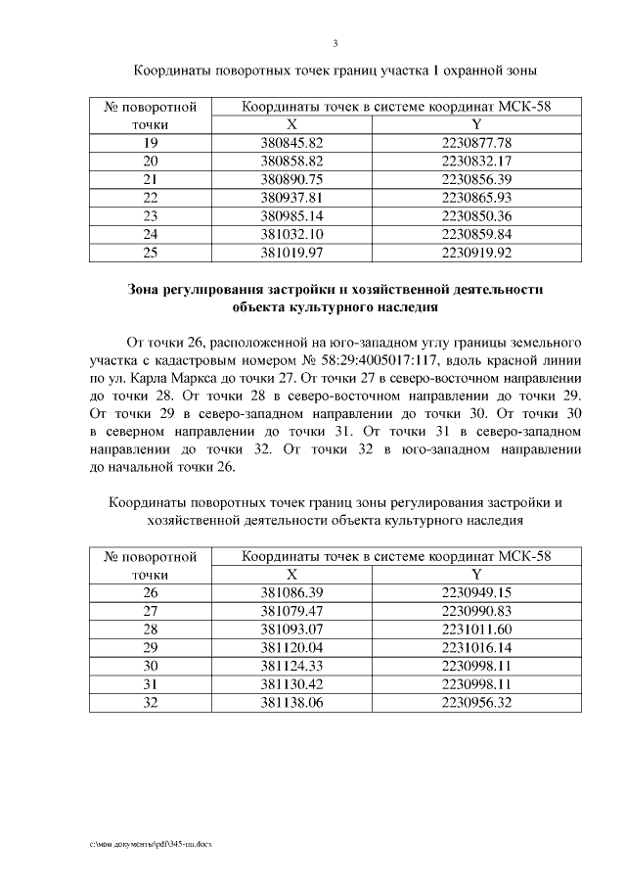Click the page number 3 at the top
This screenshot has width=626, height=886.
pos(335,43)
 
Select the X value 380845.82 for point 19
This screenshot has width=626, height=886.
pos(291,143)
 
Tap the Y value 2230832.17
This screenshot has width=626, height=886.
pos(476,161)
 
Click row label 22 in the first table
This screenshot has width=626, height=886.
pos(151,198)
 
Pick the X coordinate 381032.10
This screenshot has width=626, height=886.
pos(291,234)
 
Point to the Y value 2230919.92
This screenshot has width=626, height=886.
pos(476,253)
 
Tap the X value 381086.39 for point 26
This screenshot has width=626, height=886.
pos(291,592)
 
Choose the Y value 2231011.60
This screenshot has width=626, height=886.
pos(476,630)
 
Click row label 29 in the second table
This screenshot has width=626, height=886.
pos(151,647)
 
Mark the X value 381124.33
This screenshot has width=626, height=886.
pos(291,666)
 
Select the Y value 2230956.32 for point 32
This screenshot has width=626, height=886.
pos(476,703)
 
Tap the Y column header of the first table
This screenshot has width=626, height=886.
pos(476,124)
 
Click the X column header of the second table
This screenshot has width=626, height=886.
pos(291,575)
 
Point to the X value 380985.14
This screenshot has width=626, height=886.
pos(291,216)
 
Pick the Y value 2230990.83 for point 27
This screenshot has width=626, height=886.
pos(476,611)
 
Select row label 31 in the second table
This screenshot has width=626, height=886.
pos(151,684)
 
